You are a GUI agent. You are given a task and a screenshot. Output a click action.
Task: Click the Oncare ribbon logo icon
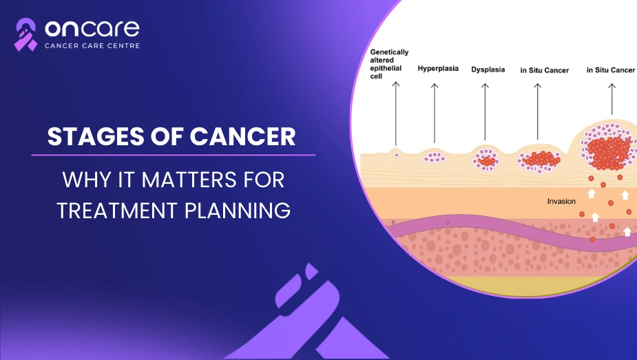pyautogui.click(x=25, y=34)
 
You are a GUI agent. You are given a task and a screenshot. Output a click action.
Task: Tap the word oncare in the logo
pyautogui.click(x=92, y=28)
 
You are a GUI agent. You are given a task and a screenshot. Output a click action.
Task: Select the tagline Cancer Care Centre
pyautogui.click(x=92, y=46)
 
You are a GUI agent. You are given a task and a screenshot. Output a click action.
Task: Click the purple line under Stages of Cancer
pyautogui.click(x=174, y=155)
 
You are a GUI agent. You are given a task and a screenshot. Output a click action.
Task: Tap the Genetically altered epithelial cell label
pyautogui.click(x=389, y=64)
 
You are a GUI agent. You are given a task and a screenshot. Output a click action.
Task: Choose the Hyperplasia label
pyautogui.click(x=438, y=69)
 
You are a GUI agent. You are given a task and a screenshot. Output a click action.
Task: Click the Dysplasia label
pyautogui.click(x=488, y=70)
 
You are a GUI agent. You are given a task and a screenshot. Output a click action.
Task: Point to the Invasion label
pyautogui.click(x=561, y=201)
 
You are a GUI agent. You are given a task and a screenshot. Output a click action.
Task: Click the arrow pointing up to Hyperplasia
pyautogui.click(x=435, y=113)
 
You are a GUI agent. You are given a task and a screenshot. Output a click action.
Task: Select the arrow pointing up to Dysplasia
pyautogui.click(x=485, y=112)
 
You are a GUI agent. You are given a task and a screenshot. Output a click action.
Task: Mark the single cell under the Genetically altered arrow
pyautogui.click(x=397, y=155)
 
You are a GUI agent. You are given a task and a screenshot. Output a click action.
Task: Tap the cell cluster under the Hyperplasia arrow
pyautogui.click(x=434, y=157)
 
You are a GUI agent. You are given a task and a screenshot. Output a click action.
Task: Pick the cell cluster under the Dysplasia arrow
pyautogui.click(x=486, y=160)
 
